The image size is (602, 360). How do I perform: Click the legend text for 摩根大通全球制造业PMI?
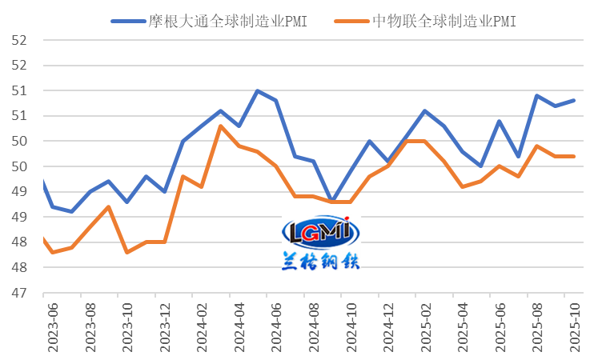[227, 21]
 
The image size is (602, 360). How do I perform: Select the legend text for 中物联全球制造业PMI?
[444, 21]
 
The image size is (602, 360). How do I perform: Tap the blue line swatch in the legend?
[127, 21]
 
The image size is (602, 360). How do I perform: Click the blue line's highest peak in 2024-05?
[257, 90]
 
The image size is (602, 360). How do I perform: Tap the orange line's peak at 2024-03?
[220, 126]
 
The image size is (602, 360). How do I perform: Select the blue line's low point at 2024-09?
[331, 201]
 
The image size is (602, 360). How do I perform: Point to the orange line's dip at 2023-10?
[126, 252]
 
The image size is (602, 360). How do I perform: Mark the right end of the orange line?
[574, 156]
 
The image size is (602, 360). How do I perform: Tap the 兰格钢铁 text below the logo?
[320, 261]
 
